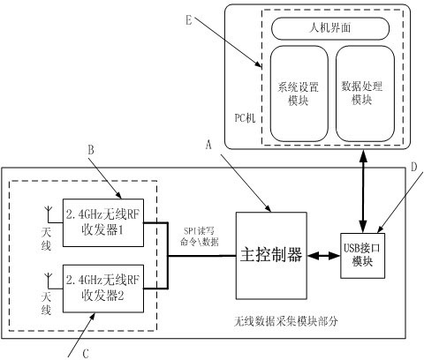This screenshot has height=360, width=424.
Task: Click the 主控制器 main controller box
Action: [271, 255]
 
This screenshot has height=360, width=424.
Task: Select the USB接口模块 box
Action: [362, 256]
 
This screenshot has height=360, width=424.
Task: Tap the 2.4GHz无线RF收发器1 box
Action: [103, 222]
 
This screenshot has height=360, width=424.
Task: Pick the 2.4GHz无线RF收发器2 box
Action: [103, 289]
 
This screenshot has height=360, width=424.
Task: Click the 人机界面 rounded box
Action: [330, 28]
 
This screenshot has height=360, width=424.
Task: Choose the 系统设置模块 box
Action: [299, 94]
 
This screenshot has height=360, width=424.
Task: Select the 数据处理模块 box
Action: [365, 94]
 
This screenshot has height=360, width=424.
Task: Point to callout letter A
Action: [208, 145]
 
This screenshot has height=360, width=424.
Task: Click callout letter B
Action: [91, 150]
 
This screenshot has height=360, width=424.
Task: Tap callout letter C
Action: [86, 354]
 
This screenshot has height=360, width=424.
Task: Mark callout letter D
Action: [414, 167]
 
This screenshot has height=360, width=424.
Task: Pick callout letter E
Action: [189, 20]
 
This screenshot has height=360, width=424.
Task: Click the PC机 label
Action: [245, 118]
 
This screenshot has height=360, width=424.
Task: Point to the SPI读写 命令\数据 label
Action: [200, 236]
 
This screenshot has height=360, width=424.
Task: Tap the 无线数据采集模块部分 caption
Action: [285, 321]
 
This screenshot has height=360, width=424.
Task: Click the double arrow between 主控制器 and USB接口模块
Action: [323, 256]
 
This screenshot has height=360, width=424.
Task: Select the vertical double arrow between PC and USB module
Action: [364, 191]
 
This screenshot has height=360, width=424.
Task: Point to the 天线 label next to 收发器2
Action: [46, 304]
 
